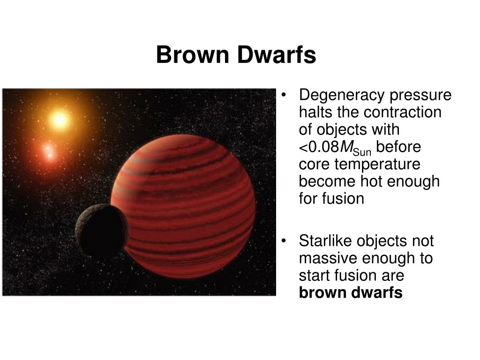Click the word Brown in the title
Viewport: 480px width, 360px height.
(x=193, y=55)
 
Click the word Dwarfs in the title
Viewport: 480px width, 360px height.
(x=277, y=55)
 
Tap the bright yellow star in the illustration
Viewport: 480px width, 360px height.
(x=59, y=119)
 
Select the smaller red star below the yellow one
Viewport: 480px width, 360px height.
(x=49, y=152)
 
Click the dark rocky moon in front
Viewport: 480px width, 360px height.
(x=101, y=231)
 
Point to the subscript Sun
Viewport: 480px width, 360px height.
(x=362, y=152)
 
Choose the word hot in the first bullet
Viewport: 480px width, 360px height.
(x=373, y=181)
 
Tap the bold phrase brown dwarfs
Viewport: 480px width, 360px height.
(x=351, y=292)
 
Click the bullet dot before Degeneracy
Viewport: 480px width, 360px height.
(x=284, y=95)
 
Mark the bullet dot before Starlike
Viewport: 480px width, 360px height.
(x=284, y=241)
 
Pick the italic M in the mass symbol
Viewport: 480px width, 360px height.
(x=346, y=147)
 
